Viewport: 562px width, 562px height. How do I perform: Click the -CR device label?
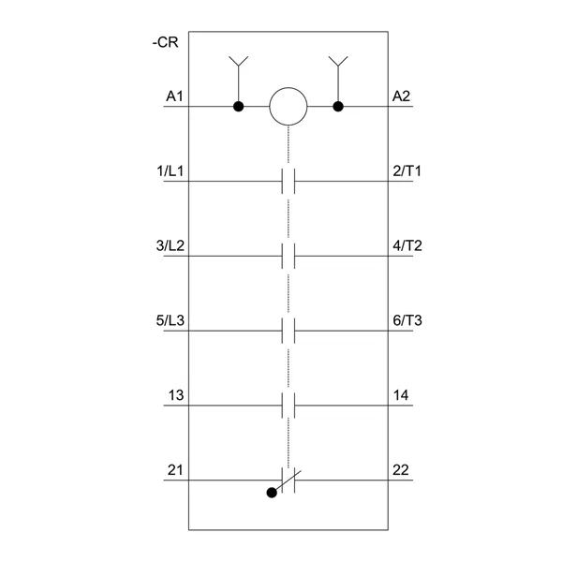tap(165, 42)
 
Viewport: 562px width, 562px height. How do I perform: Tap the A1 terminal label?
tap(174, 96)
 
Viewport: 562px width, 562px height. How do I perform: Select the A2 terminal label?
tap(401, 96)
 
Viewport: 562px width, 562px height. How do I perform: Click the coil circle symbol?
tap(288, 107)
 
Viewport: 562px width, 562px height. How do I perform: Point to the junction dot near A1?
tap(238, 107)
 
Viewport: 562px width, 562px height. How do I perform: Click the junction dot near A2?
tap(338, 107)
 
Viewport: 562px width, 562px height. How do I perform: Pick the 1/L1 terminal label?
tap(170, 171)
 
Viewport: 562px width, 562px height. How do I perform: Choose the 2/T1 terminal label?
tap(407, 171)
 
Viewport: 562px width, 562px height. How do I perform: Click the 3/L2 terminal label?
tap(170, 245)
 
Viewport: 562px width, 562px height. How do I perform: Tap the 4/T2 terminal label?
tap(407, 245)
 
